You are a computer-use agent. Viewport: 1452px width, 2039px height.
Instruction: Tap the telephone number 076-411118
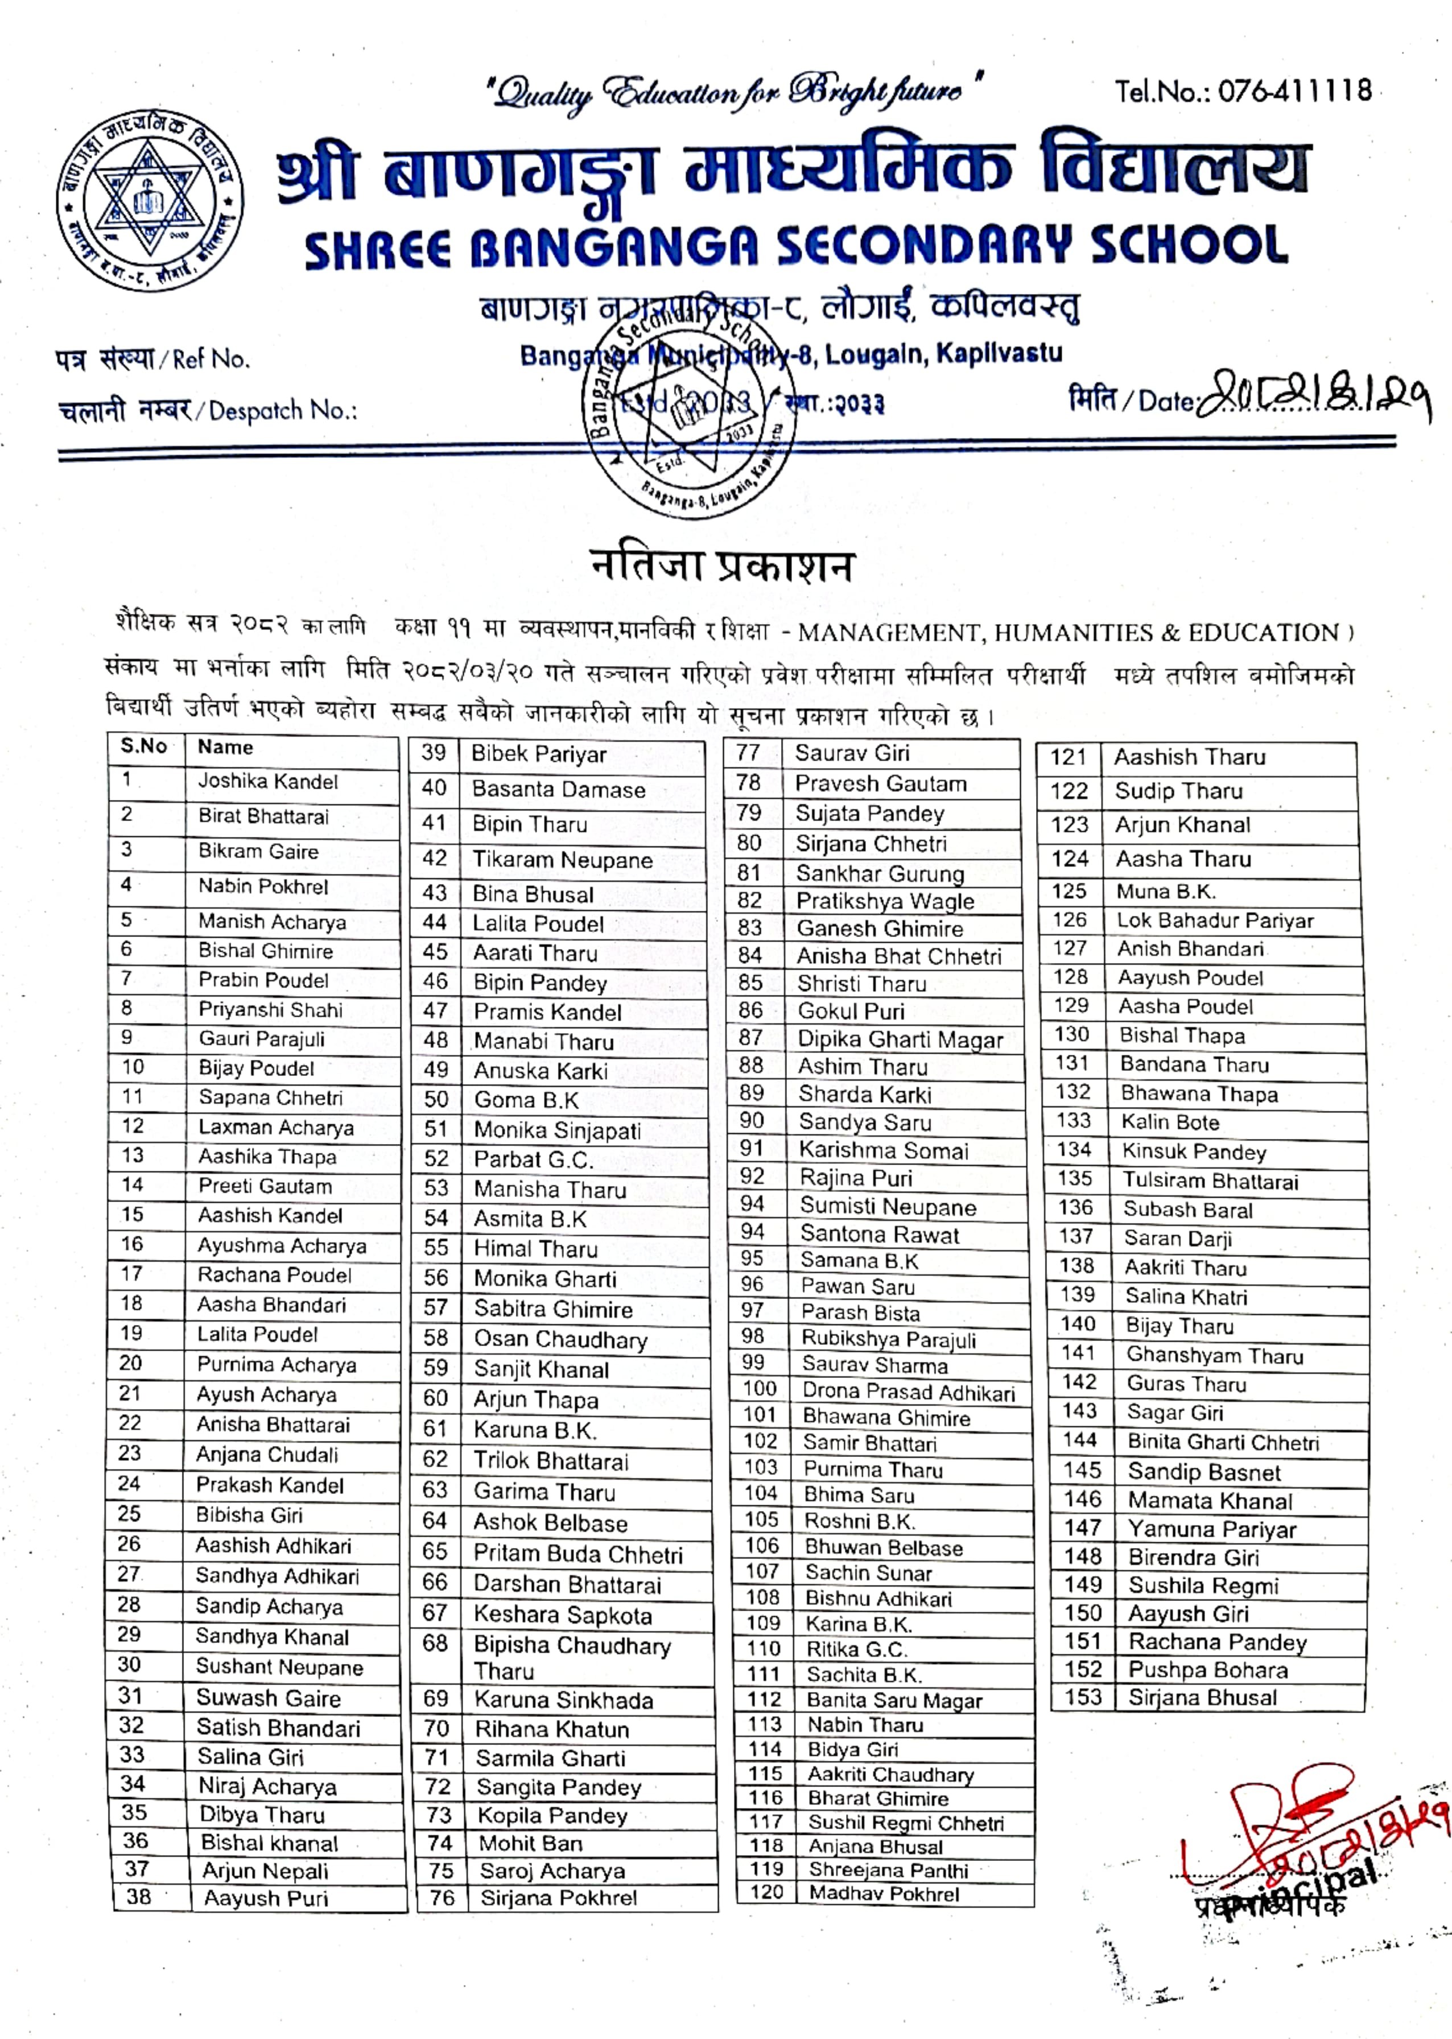point(1243,90)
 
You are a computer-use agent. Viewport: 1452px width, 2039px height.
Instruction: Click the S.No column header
point(144,746)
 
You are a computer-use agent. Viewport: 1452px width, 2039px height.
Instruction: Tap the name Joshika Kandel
point(268,781)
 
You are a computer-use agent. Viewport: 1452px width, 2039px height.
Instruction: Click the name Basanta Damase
point(558,789)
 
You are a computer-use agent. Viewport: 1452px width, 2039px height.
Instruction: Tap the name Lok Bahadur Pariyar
point(1215,921)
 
